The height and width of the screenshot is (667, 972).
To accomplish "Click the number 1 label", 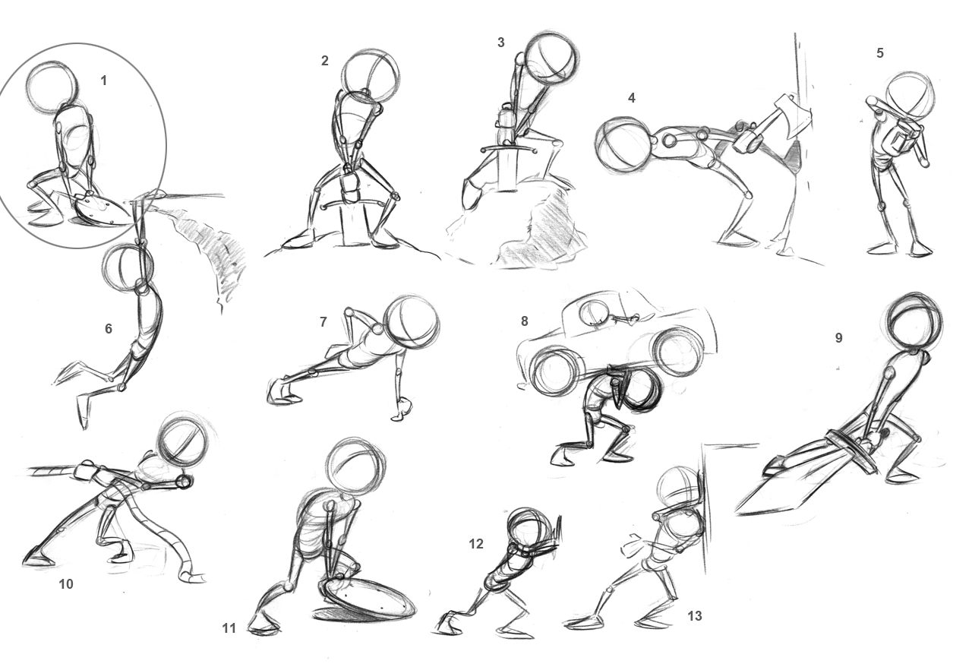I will point(104,80).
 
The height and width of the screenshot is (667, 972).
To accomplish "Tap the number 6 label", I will point(109,328).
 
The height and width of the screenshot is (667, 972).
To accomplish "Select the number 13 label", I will point(694,616).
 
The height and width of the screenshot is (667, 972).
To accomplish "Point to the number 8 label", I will point(524,321).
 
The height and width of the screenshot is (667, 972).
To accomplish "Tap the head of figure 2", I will point(371,77).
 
